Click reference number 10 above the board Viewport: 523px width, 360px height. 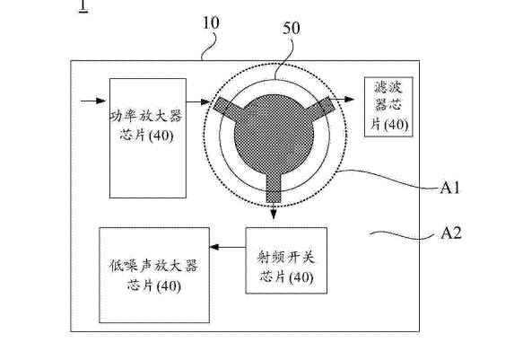pyautogui.click(x=211, y=23)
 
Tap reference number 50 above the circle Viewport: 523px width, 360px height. pyautogui.click(x=292, y=29)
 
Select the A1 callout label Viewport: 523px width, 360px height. pyautogui.click(x=450, y=188)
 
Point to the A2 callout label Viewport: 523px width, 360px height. pyautogui.click(x=451, y=233)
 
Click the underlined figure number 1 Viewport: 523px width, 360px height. pyautogui.click(x=83, y=6)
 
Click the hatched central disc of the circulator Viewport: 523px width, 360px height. pyautogui.click(x=275, y=134)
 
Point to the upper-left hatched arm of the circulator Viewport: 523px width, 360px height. pyautogui.click(x=229, y=109)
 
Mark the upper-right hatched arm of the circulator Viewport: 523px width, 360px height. pyautogui.click(x=319, y=107)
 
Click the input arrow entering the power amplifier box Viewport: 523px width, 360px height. pyautogui.click(x=93, y=101)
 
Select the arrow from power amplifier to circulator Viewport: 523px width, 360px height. pyautogui.click(x=198, y=101)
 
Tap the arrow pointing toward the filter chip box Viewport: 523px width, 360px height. pyautogui.click(x=342, y=99)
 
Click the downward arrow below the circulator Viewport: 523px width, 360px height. pyautogui.click(x=274, y=211)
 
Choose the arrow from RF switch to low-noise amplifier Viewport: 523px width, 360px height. pyautogui.click(x=228, y=247)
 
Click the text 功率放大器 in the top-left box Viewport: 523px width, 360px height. pyautogui.click(x=146, y=116)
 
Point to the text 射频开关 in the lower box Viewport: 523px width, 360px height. pyautogui.click(x=286, y=257)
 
